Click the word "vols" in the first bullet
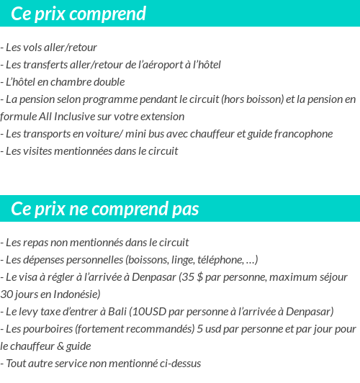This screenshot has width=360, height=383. (32, 48)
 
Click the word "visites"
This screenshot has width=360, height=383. (37, 150)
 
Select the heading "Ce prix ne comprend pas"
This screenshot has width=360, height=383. (105, 209)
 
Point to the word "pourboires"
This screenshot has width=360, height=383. (47, 329)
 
